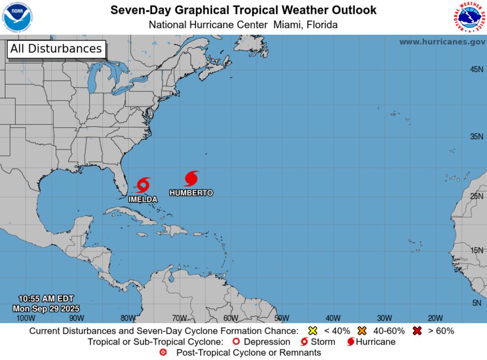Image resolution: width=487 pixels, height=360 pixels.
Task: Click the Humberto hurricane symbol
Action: tap(191, 179)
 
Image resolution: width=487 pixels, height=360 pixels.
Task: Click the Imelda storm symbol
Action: tap(143, 185)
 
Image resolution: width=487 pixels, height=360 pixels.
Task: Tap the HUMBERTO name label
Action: tap(191, 193)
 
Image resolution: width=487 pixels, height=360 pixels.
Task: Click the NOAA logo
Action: tap(16, 16)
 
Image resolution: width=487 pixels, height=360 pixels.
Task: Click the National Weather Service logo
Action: tap(469, 16)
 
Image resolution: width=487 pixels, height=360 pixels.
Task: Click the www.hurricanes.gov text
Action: tap(442, 42)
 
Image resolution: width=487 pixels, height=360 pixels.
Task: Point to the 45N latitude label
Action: tap(477, 70)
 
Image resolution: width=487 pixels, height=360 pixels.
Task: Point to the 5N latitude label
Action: tap(477, 303)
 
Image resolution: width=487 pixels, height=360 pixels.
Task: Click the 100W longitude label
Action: tap(26, 318)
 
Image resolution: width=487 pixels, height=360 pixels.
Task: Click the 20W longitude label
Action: tap(435, 318)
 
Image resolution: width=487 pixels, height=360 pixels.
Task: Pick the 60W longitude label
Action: tap(231, 318)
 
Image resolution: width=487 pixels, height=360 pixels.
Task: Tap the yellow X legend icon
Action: tap(313, 331)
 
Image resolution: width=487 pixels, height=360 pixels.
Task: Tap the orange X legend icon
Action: tap(361, 331)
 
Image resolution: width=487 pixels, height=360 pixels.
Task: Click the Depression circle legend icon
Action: tap(237, 342)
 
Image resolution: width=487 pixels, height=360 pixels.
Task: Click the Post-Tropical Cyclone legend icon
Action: tap(163, 353)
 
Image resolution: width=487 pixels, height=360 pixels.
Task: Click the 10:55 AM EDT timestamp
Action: tap(46, 299)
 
